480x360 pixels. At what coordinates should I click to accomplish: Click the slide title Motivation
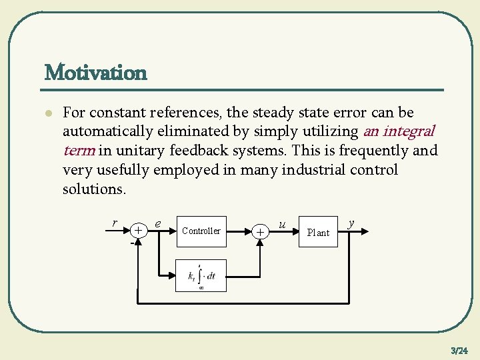(95, 72)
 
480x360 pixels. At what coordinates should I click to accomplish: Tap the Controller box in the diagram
(201, 231)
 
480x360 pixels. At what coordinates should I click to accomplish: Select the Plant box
(318, 232)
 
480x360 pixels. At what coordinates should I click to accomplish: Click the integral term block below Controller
(201, 275)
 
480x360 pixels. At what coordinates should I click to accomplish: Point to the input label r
(115, 223)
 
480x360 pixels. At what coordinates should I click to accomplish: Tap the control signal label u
(283, 225)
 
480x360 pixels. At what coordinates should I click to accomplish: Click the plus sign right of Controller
(261, 231)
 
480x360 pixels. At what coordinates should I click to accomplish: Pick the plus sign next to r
(137, 230)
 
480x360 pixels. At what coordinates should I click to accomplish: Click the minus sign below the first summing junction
(131, 241)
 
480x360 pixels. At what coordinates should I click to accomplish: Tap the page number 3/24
(459, 350)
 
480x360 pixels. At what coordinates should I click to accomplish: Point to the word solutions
(93, 189)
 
